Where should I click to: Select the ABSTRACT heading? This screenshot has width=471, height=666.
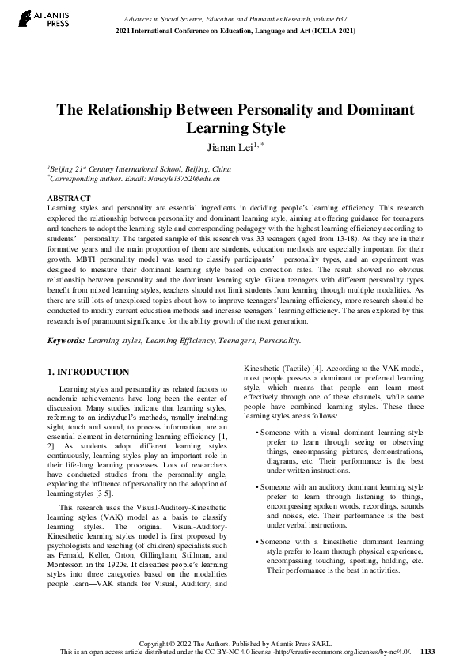pos(69,197)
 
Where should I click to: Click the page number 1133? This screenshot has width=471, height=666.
pos(427,652)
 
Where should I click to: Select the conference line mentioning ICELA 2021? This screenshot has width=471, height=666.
pos(235,30)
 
